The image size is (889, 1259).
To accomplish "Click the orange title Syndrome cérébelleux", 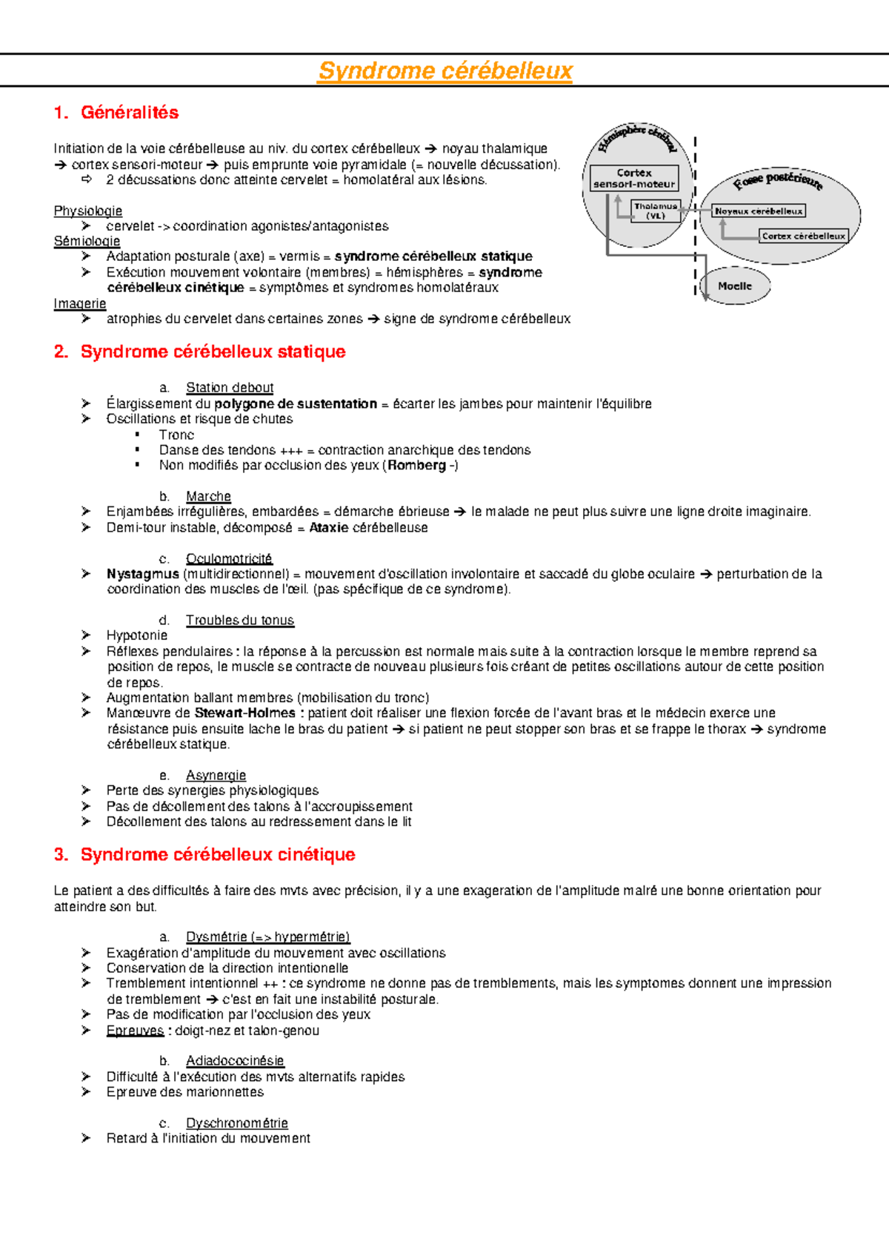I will [444, 71].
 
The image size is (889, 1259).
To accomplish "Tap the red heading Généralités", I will [129, 113].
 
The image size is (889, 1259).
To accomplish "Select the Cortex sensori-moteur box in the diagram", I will [634, 178].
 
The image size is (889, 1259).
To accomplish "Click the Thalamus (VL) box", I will [656, 211].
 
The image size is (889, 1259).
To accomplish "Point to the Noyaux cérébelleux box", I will [758, 211].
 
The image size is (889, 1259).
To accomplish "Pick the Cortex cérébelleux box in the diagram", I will [803, 236].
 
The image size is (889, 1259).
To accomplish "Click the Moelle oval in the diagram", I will [735, 286].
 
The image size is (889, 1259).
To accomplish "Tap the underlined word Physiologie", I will [87, 211].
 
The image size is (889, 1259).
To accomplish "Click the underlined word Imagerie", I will [79, 304].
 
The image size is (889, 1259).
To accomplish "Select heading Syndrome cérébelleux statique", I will [213, 351].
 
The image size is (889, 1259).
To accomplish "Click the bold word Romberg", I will [416, 466].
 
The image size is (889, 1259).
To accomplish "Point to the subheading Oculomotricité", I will [229, 558].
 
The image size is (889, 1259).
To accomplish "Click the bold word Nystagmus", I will [142, 574].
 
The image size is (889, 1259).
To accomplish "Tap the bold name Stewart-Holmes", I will [244, 713].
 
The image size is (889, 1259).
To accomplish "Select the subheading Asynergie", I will [216, 775].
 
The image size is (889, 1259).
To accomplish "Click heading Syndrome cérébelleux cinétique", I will [217, 855].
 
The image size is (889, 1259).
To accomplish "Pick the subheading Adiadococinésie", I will [235, 1061].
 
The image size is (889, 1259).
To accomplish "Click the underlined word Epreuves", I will [135, 1031].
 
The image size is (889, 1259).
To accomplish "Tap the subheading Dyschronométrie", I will [236, 1123].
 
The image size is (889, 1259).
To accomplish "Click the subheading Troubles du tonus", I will [239, 620].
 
